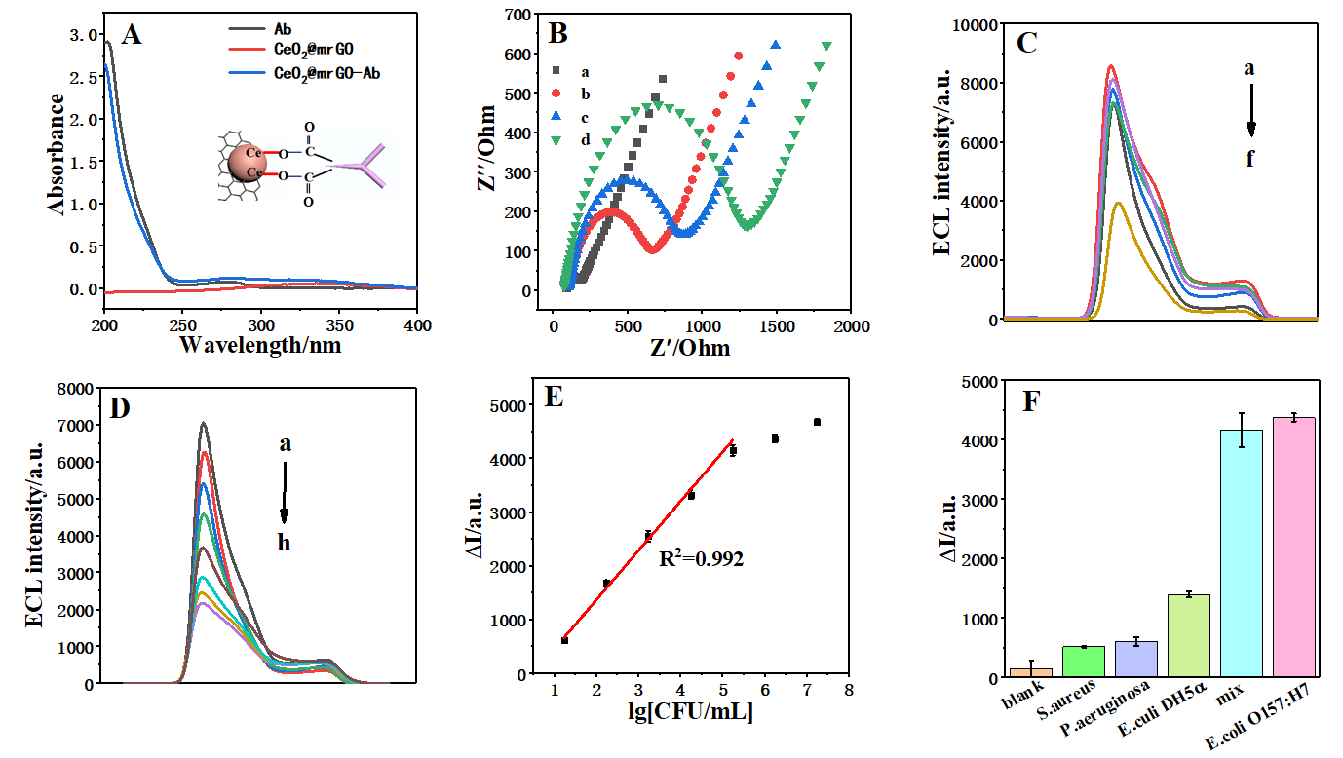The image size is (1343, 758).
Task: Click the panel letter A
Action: [131, 37]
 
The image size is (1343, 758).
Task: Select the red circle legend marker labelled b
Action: [557, 95]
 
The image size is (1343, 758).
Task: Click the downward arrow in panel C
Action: [1251, 110]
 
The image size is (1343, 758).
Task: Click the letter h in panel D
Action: [284, 544]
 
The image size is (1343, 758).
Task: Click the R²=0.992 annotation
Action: [702, 559]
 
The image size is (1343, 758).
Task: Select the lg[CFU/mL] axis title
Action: [695, 713]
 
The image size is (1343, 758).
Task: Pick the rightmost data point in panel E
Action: [817, 422]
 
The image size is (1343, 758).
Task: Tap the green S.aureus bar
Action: [1083, 662]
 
